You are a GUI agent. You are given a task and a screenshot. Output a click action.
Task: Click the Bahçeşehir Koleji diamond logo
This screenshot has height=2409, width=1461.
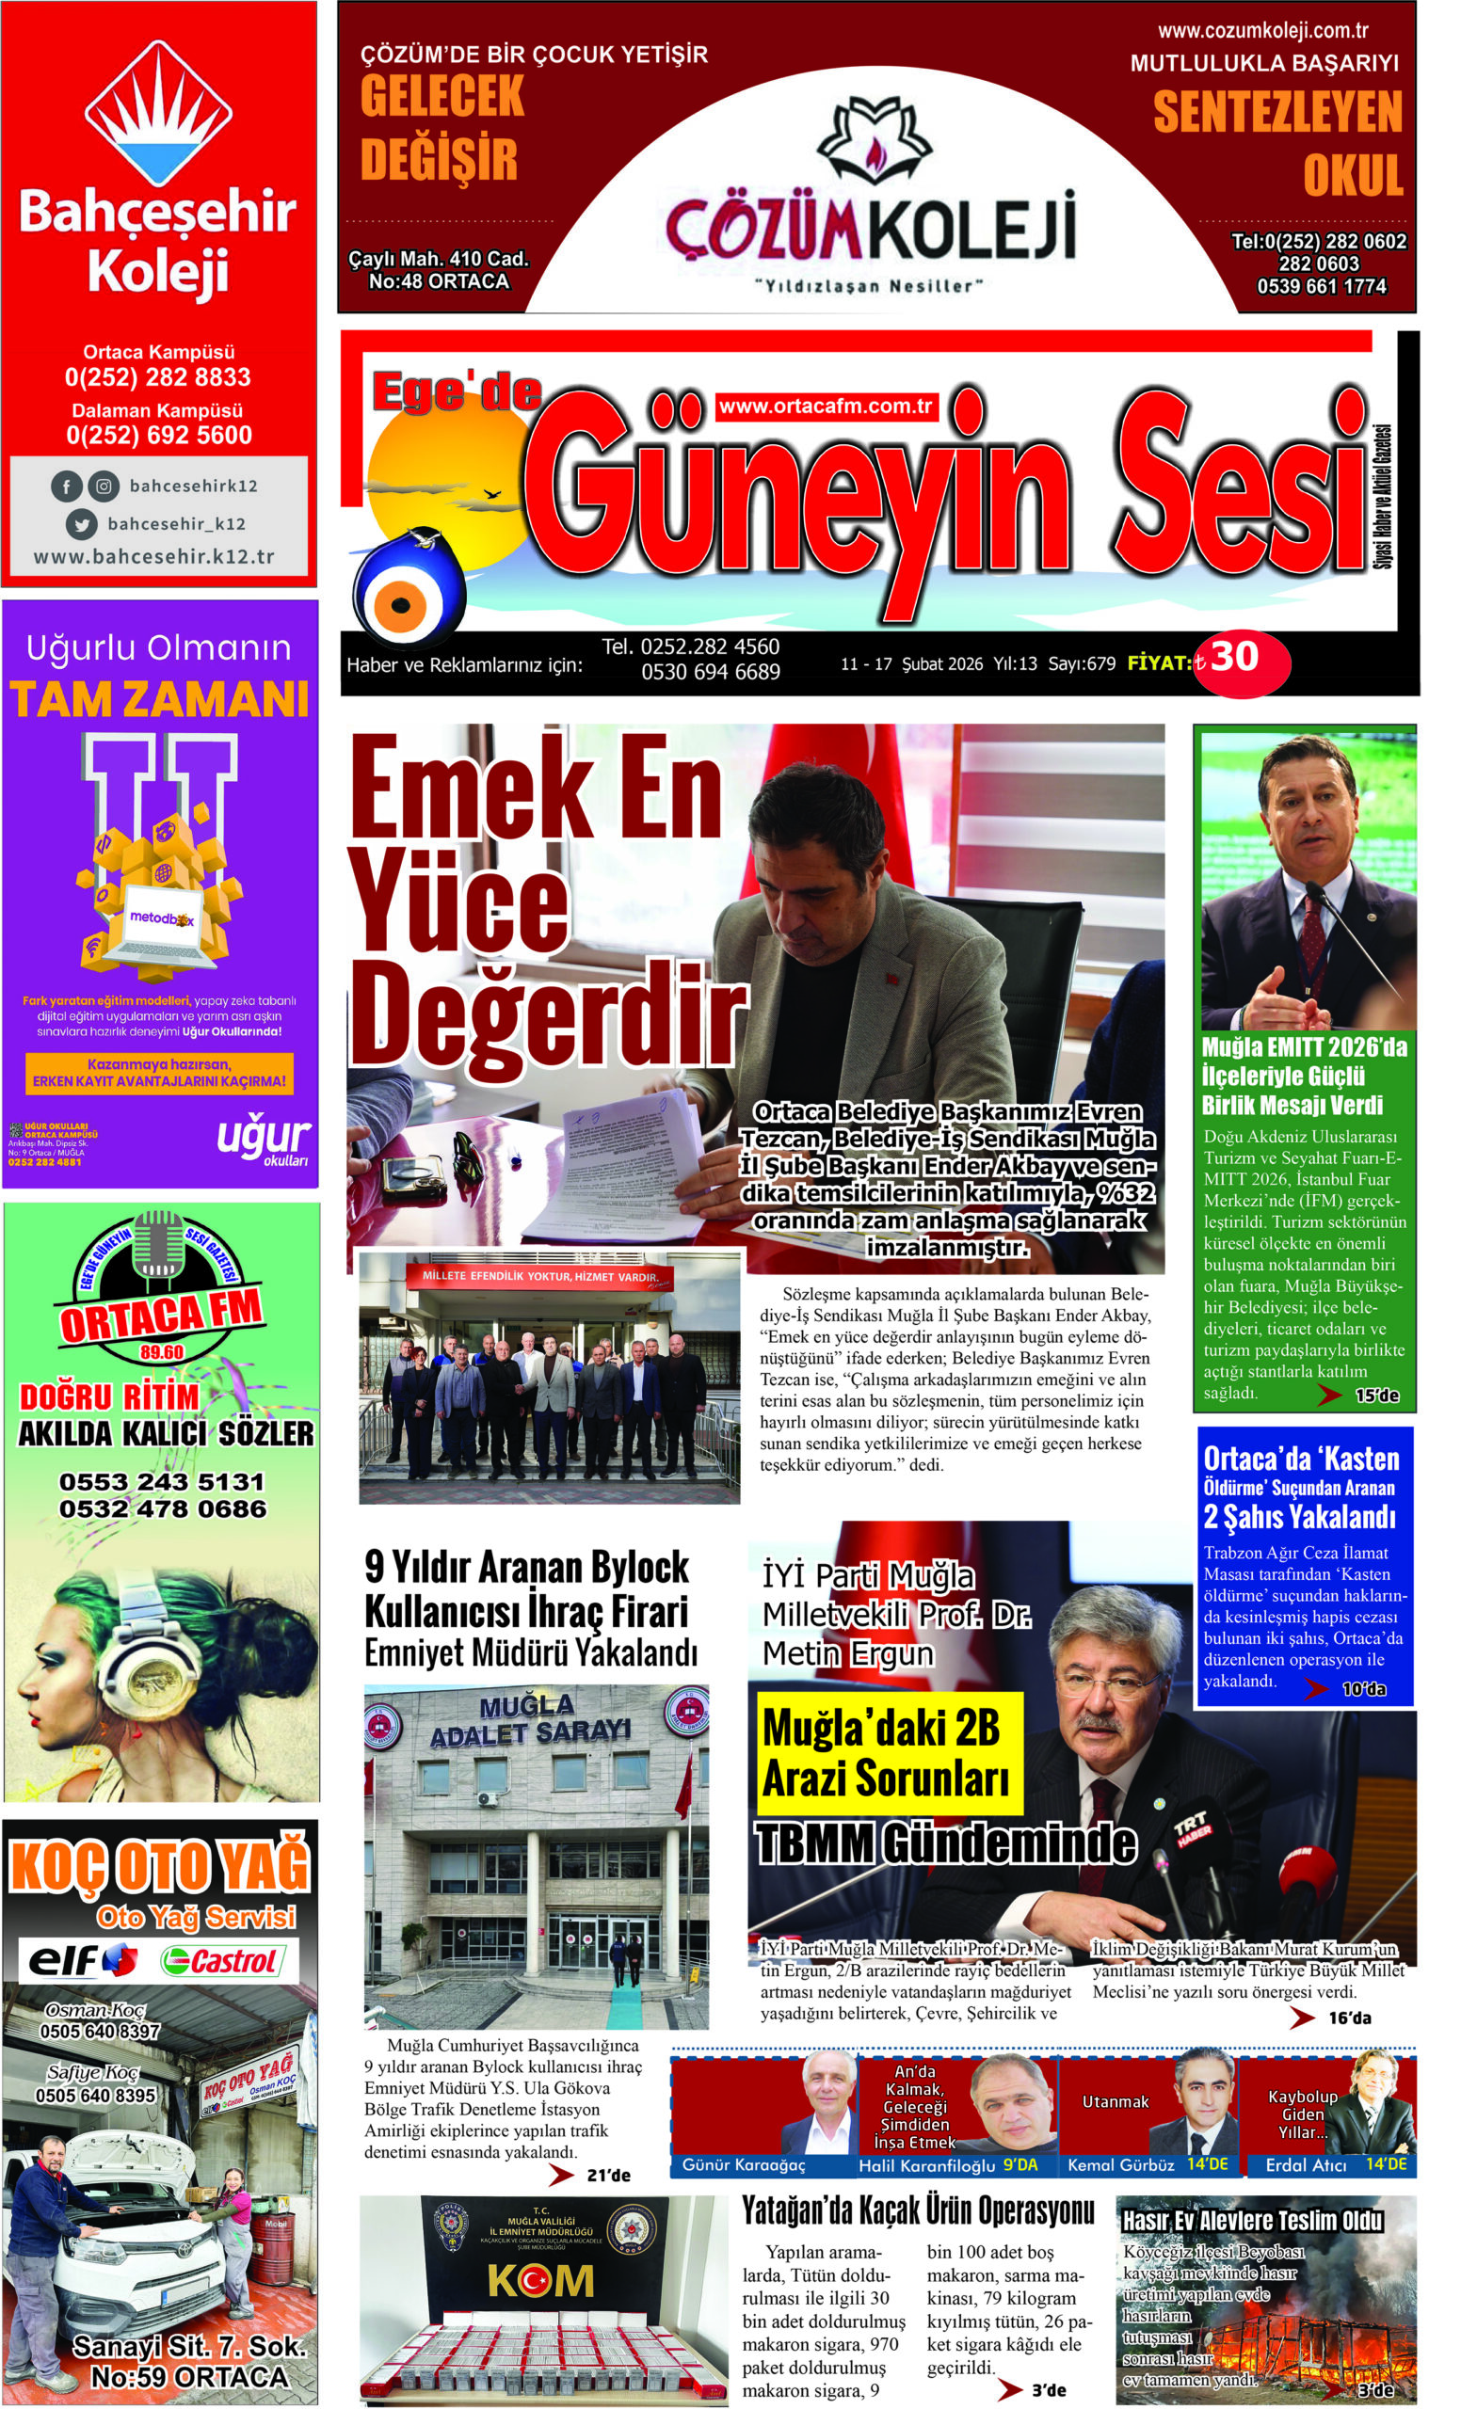pos(157,112)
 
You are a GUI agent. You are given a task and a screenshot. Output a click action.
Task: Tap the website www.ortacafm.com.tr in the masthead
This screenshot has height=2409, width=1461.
pos(826,406)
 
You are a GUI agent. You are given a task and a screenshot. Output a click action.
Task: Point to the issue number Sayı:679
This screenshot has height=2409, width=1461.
pos(1081,663)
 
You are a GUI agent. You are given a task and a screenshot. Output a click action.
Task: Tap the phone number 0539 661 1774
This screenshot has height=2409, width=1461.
pos(1320,286)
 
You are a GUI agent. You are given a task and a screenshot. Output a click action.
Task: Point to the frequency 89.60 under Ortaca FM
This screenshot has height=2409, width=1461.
pos(161,1352)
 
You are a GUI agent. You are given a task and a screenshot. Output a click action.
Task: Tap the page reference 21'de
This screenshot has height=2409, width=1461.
pos(608,2176)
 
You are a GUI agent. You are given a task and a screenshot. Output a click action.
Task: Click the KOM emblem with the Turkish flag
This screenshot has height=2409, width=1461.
pos(539,2281)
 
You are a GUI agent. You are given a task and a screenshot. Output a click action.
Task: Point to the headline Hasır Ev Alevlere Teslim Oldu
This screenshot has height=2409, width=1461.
pos(1252,2220)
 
